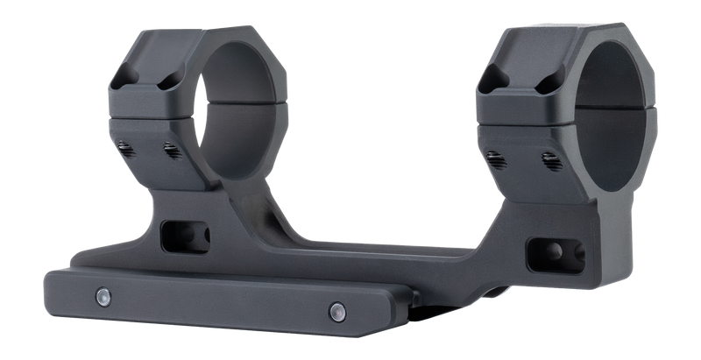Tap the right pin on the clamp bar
click(x=336, y=307)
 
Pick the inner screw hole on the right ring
click(x=550, y=159)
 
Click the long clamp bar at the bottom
click(x=219, y=302)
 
